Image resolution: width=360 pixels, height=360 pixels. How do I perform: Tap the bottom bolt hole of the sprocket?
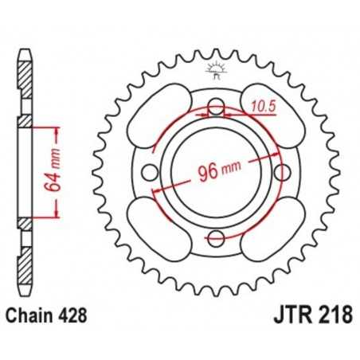[215, 237]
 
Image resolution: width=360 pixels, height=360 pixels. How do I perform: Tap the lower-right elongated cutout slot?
[272, 228]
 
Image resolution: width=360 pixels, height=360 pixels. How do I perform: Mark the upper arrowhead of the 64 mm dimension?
[56, 127]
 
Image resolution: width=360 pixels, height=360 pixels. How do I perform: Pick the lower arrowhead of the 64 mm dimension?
[56, 214]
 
